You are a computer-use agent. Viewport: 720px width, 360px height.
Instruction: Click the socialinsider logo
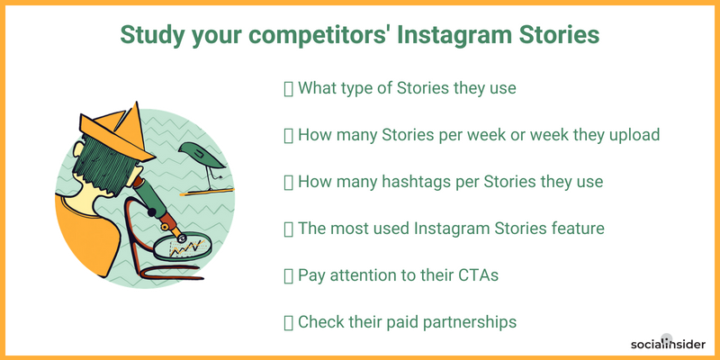[668, 344]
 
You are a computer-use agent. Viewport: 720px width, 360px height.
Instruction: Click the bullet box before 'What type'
[288, 89]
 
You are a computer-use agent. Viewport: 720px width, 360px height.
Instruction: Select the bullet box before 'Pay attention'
[288, 276]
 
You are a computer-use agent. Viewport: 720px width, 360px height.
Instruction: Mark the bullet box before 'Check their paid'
[288, 323]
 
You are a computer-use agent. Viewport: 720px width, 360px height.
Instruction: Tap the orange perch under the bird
[207, 192]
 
